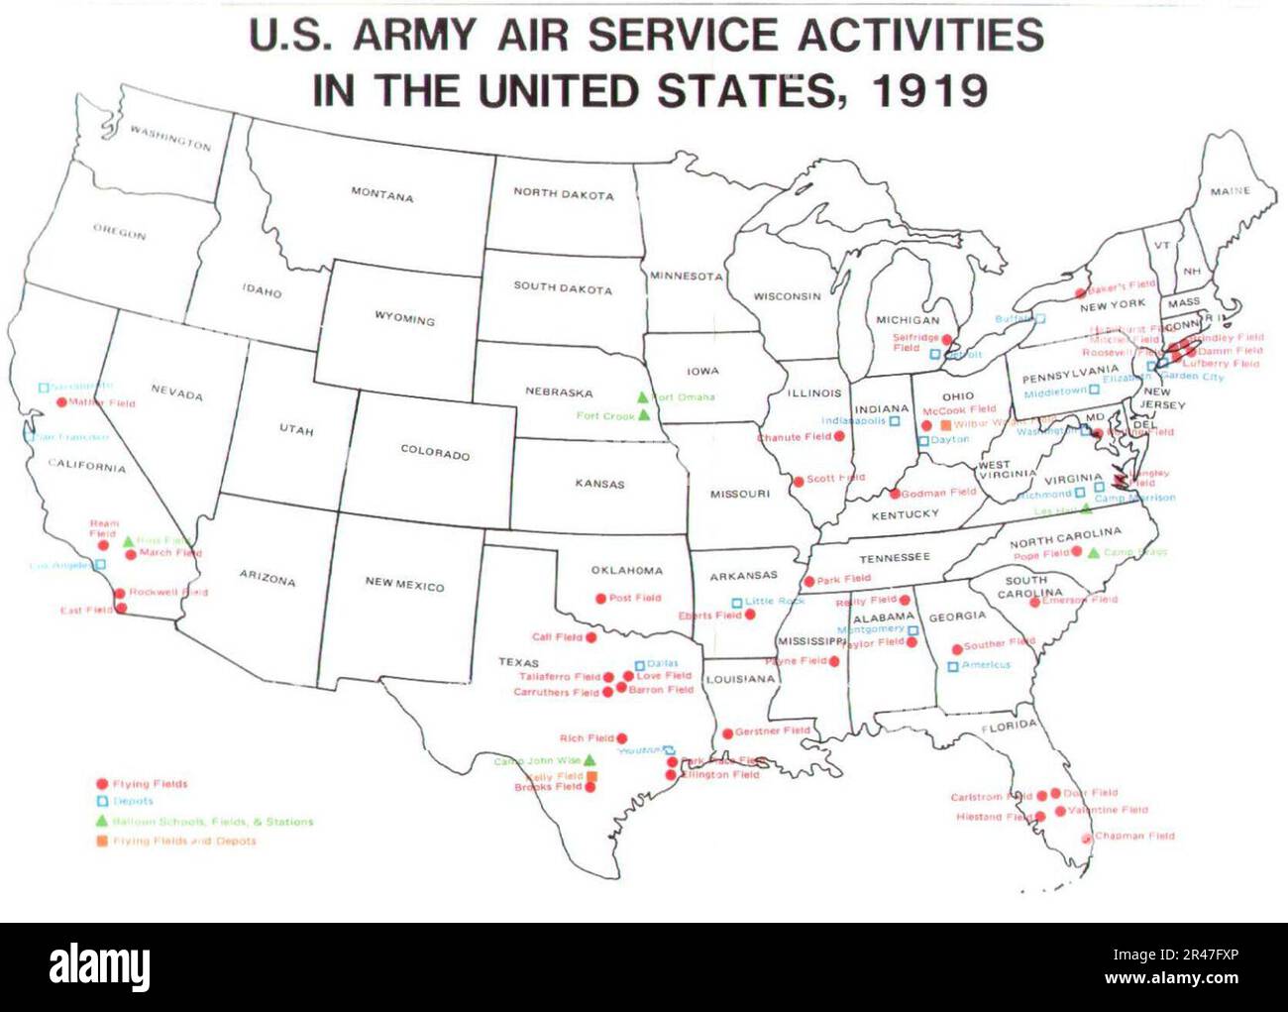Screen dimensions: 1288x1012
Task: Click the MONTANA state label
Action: tap(381, 195)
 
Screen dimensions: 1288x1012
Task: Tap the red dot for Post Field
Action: tap(600, 599)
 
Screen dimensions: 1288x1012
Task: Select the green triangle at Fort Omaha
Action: tap(642, 397)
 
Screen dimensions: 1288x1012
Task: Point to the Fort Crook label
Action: tap(604, 416)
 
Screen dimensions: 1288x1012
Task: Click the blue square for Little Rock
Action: tap(736, 603)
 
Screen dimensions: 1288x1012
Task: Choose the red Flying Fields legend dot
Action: tap(101, 784)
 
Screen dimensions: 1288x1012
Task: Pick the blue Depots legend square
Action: tap(101, 802)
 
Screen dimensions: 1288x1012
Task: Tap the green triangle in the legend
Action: tap(101, 821)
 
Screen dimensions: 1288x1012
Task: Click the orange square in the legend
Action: tap(101, 841)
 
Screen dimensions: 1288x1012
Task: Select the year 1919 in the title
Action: tap(928, 91)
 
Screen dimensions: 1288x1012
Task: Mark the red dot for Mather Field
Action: tap(61, 402)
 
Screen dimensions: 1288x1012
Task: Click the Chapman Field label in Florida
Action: tap(1134, 837)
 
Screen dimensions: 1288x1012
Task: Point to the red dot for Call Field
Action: tap(591, 637)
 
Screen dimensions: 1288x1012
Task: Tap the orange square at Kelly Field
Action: tap(591, 776)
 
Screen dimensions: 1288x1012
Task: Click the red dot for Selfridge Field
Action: tap(947, 339)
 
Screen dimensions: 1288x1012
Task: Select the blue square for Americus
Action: tap(953, 666)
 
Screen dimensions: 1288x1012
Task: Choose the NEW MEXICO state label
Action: tap(404, 585)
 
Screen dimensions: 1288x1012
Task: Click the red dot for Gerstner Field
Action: tap(727, 733)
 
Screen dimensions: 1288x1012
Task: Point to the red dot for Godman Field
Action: tap(895, 494)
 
